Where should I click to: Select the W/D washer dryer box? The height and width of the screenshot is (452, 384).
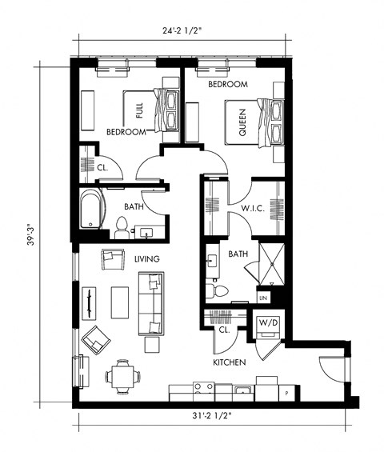tap(266, 324)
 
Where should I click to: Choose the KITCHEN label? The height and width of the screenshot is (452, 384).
tap(229, 362)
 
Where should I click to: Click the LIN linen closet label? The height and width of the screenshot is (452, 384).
tap(264, 298)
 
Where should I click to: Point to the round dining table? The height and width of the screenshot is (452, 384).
tap(122, 376)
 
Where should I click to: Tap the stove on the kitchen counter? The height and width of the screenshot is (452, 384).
tap(203, 390)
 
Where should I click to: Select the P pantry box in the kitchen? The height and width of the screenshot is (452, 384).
tap(286, 394)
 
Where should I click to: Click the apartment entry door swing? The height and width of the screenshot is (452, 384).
tap(330, 368)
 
